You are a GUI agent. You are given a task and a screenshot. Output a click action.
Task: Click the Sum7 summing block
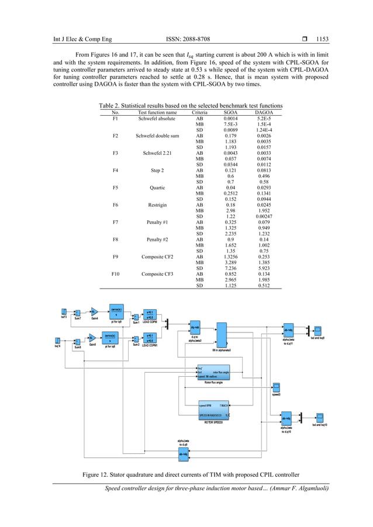(77, 312)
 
